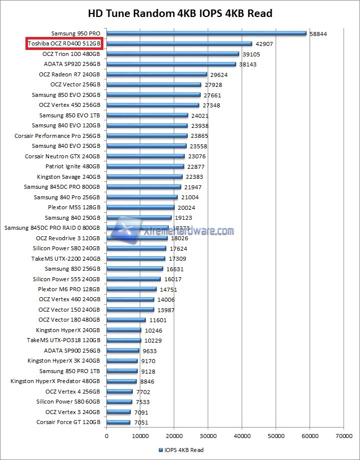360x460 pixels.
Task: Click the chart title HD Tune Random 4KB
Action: pyautogui.click(x=180, y=13)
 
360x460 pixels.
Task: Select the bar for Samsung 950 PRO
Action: pyautogui.click(x=206, y=33)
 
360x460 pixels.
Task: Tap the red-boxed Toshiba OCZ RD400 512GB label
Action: pyautogui.click(x=64, y=44)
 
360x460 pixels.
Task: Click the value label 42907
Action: pyautogui.click(x=264, y=44)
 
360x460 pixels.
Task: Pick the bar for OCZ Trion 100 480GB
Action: pyautogui.click(x=173, y=54)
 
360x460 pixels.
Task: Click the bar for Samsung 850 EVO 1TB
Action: pyautogui.click(x=147, y=115)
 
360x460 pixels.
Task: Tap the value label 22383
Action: pyautogui.click(x=195, y=177)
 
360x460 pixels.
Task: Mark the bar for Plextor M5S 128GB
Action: pyautogui.click(x=140, y=207)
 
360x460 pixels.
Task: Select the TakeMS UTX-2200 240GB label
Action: pyautogui.click(x=66, y=259)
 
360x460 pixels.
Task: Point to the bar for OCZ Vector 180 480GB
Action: pyautogui.click(x=126, y=320)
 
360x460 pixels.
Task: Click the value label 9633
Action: pyautogui.click(x=150, y=351)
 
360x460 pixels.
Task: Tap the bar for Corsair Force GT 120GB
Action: pyautogui.click(x=118, y=422)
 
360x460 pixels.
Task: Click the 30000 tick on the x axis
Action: pyautogui.click(x=208, y=436)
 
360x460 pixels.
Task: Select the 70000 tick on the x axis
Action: pyautogui.click(x=344, y=436)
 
